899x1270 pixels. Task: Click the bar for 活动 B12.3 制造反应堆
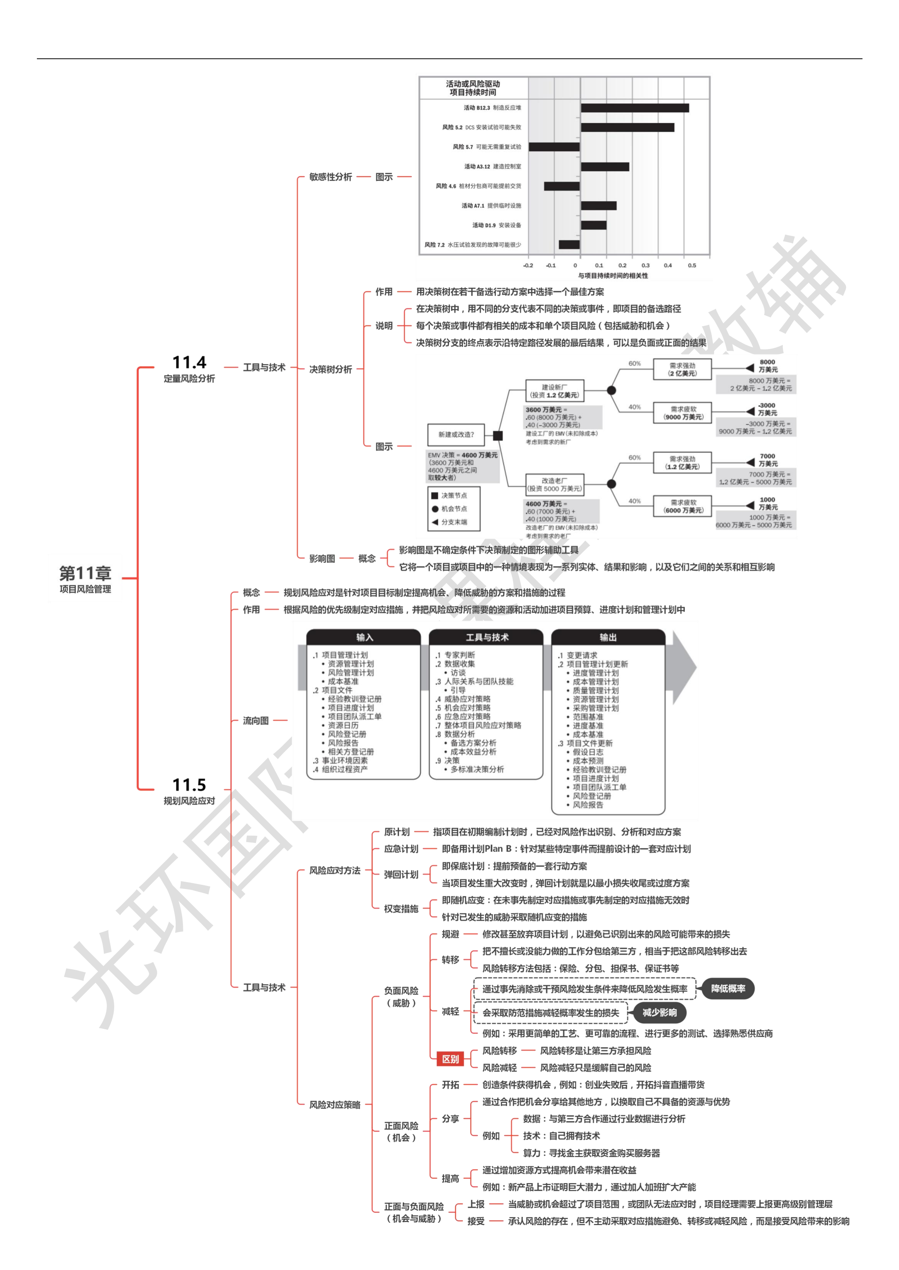[635, 108]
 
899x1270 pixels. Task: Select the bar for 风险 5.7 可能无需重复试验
[554, 147]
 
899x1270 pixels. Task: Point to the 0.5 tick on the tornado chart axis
[692, 265]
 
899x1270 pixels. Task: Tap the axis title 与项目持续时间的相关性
[613, 275]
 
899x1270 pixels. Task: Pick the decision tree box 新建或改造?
[456, 434]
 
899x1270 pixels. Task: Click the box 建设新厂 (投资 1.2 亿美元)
[554, 391]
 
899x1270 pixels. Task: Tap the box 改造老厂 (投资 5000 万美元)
[554, 485]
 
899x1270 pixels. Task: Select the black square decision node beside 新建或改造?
[498, 436]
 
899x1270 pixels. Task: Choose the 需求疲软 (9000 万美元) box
[683, 412]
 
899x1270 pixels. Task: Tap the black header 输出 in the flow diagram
[608, 637]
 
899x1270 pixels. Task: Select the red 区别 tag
[450, 1059]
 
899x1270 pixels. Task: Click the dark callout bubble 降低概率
[728, 989]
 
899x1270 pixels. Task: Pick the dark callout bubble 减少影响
[659, 1012]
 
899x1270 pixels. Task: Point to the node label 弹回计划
[401, 874]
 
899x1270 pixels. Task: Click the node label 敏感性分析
[331, 177]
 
